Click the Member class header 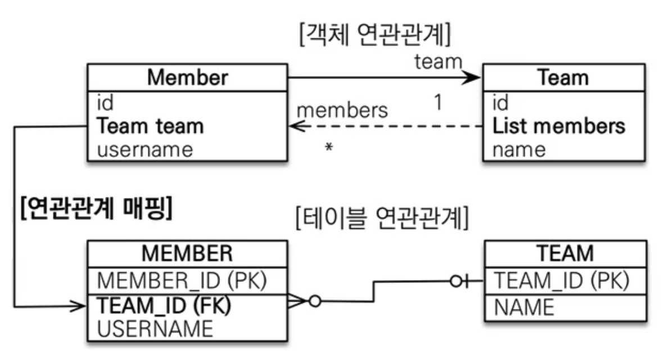[x=187, y=78]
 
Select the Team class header [x=563, y=78]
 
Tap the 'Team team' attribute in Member [x=150, y=126]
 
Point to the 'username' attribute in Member [x=145, y=150]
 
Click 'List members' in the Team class [x=559, y=126]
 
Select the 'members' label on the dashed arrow [x=342, y=110]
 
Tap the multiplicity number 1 [x=437, y=103]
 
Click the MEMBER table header [x=187, y=254]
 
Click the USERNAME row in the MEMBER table [x=156, y=328]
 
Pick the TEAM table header [x=565, y=254]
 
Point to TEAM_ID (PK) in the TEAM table [x=559, y=278]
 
